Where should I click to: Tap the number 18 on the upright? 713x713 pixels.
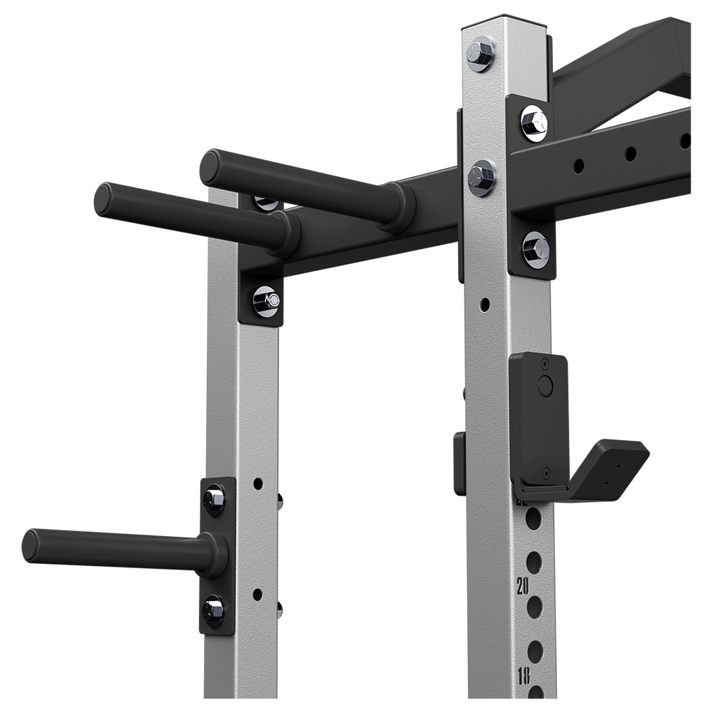coord(524,675)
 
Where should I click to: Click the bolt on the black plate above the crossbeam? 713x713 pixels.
coord(534,122)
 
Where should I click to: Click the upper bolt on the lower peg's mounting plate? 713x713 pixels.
coord(213,499)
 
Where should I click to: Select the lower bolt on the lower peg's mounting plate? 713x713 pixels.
coord(213,610)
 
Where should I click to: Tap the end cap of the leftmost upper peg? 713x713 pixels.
coord(104,198)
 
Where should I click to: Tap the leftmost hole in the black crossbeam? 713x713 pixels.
coord(578,166)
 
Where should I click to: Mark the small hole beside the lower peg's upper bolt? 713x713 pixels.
coord(258,482)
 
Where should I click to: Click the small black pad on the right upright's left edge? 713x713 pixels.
coord(458,462)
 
